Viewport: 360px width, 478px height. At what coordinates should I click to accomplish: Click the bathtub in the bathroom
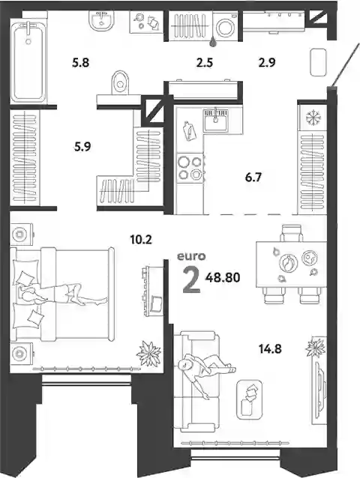coord(28,61)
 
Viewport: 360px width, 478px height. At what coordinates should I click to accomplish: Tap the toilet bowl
coord(121,82)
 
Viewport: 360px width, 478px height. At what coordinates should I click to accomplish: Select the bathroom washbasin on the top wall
coord(101,21)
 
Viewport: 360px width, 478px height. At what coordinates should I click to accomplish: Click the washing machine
coord(225,26)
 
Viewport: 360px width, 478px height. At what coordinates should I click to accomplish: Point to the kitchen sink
coord(216,120)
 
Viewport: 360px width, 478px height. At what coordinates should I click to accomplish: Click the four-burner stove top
coord(190,167)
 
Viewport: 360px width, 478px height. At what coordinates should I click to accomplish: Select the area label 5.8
coord(80,63)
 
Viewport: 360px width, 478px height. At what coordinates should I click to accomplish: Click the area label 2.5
coord(205,63)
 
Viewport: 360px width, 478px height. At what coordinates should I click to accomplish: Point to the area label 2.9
coord(267,62)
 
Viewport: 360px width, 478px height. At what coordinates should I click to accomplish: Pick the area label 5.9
coord(82,148)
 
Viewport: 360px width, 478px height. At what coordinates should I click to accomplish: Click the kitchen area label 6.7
coord(253,177)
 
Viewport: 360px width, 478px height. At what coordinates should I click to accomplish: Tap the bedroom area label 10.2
coord(141,240)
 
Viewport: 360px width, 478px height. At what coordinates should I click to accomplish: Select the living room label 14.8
coord(270,348)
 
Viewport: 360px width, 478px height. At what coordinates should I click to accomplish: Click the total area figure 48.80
coord(223,278)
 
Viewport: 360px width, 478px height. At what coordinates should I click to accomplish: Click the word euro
coord(191,256)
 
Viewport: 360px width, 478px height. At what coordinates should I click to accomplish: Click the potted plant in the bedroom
coord(149,354)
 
